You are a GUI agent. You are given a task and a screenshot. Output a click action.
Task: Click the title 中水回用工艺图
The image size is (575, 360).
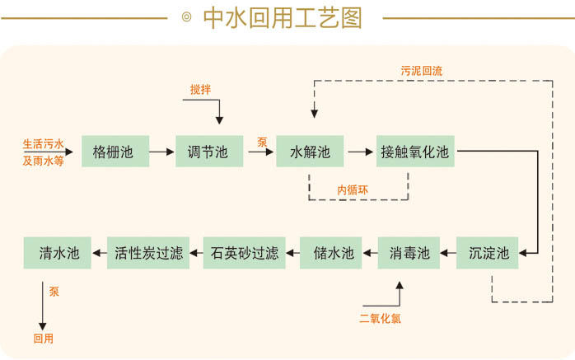tap(282, 18)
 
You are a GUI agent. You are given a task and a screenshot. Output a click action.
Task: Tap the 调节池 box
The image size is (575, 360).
tap(208, 152)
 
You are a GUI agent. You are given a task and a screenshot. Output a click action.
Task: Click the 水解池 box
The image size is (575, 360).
tap(309, 152)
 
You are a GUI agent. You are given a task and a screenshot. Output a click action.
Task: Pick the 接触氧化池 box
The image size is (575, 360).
tap(414, 152)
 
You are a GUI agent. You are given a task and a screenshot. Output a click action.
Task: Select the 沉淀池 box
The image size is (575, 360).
tap(489, 253)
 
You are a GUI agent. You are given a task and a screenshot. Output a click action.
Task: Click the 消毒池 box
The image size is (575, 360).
tap(409, 253)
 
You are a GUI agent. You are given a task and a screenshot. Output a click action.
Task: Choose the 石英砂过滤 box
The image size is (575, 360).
tap(245, 253)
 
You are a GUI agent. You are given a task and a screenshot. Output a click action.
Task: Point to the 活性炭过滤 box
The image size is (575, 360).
tap(149, 253)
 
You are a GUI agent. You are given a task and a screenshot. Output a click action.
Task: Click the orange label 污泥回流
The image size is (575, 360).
tap(421, 71)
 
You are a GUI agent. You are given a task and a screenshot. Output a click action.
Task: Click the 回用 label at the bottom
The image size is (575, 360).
tap(43, 338)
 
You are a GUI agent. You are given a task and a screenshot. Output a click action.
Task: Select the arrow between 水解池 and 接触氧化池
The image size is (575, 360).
tap(359, 152)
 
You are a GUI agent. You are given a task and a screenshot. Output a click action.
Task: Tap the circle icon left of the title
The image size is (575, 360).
tap(186, 18)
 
